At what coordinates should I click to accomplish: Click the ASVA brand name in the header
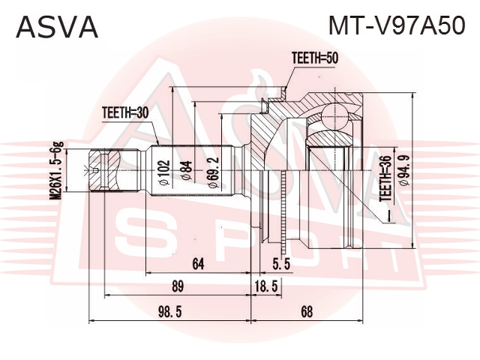coord(57,27)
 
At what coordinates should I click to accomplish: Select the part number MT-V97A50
coord(397,25)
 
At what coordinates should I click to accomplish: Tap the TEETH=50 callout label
coord(315,58)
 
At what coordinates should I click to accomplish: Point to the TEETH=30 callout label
coord(125,113)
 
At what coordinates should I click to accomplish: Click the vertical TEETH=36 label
coord(385,178)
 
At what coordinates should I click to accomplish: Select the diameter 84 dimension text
coord(187,170)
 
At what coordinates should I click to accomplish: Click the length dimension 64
coord(198,264)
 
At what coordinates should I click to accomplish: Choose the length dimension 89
coord(177,286)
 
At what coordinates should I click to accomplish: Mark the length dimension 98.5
coord(170,312)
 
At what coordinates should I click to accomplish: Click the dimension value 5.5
coord(281,264)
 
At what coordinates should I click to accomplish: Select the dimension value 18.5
coord(266,286)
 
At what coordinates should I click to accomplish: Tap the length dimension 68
coord(307,312)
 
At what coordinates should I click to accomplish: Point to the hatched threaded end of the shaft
coord(104,170)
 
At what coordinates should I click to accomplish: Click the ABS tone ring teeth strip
coord(284,211)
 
